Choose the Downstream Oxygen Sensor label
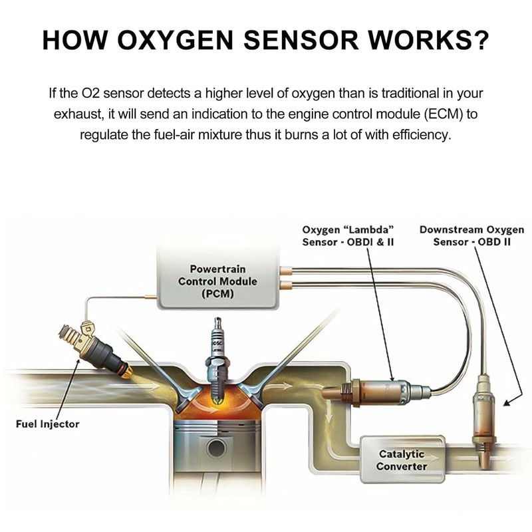(x=471, y=236)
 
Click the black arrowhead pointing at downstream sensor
(x=507, y=402)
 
